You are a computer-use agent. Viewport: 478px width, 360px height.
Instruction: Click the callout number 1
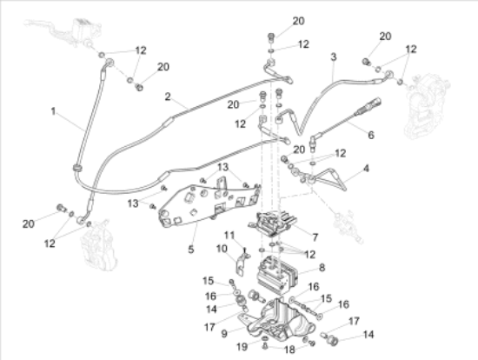pyautogui.click(x=53, y=111)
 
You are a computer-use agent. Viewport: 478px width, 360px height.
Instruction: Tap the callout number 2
pyautogui.click(x=168, y=97)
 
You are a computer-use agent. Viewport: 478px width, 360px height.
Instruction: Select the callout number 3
pyautogui.click(x=334, y=57)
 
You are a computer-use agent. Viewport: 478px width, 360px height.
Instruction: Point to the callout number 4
pyautogui.click(x=366, y=168)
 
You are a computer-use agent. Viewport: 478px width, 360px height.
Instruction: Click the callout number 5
pyautogui.click(x=191, y=250)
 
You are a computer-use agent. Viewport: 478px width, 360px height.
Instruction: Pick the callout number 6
pyautogui.click(x=371, y=135)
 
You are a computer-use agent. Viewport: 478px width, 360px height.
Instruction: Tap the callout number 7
pyautogui.click(x=315, y=237)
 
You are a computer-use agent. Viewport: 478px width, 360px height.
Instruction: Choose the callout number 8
pyautogui.click(x=322, y=268)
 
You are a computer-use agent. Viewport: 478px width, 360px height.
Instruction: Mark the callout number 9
pyautogui.click(x=224, y=333)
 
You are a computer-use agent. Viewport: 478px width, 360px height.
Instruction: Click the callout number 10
pyautogui.click(x=222, y=249)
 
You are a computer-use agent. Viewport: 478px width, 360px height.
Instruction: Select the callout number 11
pyautogui.click(x=229, y=236)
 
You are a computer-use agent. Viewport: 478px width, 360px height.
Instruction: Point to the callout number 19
pyautogui.click(x=242, y=347)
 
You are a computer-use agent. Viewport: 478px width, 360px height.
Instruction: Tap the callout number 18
pyautogui.click(x=289, y=350)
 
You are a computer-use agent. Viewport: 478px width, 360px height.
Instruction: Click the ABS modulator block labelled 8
pyautogui.click(x=276, y=274)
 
